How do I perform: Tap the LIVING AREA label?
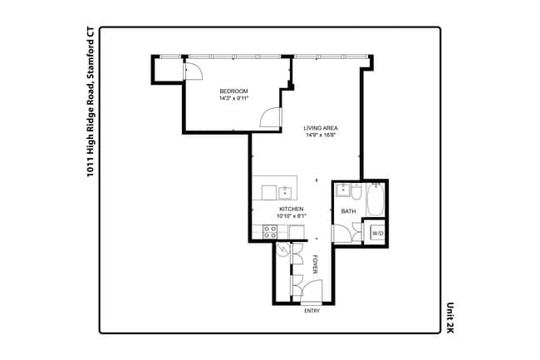(x=321, y=128)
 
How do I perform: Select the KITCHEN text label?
(x=291, y=209)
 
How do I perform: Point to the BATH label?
(x=348, y=211)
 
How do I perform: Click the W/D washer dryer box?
(x=377, y=234)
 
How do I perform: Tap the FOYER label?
(x=316, y=265)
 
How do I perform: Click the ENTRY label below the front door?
(x=312, y=311)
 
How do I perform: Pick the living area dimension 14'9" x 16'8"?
(x=321, y=136)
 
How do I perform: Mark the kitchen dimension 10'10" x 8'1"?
(x=291, y=216)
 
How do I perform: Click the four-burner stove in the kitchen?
(x=270, y=233)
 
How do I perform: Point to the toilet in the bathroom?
(x=356, y=196)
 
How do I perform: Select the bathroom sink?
(x=342, y=190)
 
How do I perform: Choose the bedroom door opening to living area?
(x=271, y=119)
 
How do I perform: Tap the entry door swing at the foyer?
(x=312, y=291)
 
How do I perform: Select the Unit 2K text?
(x=449, y=317)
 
